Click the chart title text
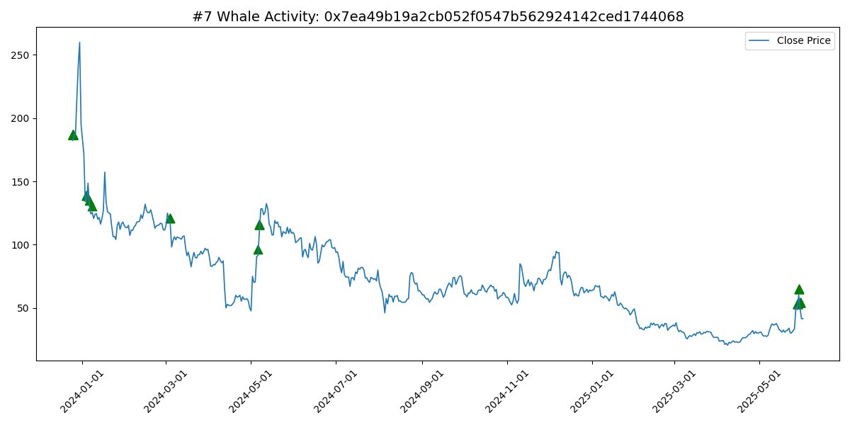[438, 16]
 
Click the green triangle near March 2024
[170, 218]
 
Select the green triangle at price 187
[72, 135]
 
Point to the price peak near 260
[79, 42]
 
